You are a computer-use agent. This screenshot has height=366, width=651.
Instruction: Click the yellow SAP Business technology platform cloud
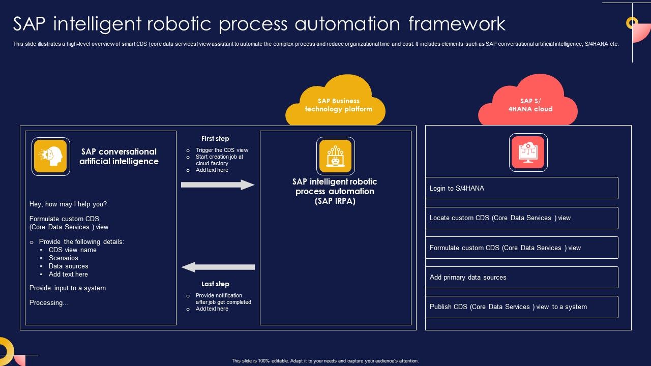coord(336,104)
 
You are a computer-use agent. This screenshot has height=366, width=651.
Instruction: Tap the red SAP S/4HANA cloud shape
coord(528,104)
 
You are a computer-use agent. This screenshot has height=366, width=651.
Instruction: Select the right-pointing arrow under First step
coord(218,185)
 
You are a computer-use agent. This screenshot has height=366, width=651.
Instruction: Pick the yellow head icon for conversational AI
coord(51,157)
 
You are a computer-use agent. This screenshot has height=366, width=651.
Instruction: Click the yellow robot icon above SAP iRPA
coord(336,156)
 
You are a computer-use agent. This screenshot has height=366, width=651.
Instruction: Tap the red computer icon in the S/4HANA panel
coord(528,152)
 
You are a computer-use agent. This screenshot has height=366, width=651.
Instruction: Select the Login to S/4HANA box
coord(521,188)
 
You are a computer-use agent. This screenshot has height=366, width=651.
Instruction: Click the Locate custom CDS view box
coord(521,218)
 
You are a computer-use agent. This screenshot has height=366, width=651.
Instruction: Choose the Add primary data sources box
coord(521,278)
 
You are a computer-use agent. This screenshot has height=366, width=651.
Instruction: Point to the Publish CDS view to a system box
coord(521,307)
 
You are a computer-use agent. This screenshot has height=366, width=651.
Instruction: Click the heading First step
coord(215,138)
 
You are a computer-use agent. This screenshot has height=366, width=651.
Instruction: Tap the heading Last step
coord(215,284)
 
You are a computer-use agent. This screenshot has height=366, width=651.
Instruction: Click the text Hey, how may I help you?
coord(68,204)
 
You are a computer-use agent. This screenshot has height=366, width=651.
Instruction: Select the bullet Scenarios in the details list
coord(64,258)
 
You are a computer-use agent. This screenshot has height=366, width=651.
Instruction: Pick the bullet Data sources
coord(68,266)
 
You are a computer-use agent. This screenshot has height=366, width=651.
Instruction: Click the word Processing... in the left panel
coord(49,303)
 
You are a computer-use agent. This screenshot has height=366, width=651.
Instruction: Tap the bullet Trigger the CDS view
coord(222,150)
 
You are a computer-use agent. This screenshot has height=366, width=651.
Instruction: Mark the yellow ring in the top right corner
coord(632,22)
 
